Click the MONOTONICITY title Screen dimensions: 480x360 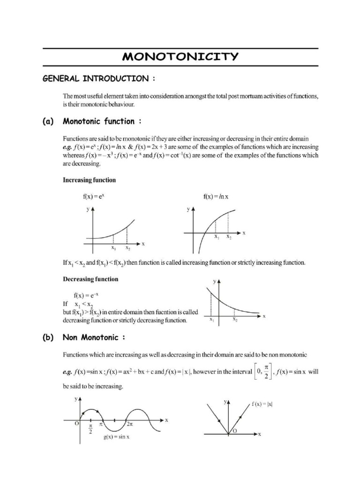(x=180, y=57)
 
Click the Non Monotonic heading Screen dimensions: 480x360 (x=94, y=337)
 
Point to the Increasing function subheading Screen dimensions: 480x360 (x=89, y=180)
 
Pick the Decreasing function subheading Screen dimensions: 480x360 (x=90, y=279)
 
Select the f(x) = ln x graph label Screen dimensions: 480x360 (x=216, y=197)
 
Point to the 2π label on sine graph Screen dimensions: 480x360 (x=130, y=424)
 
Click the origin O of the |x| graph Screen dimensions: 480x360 (x=235, y=430)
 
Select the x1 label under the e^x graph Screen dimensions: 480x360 (x=113, y=247)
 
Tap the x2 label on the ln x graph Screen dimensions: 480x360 (x=229, y=238)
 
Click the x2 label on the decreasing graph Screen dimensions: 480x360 (x=235, y=320)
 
